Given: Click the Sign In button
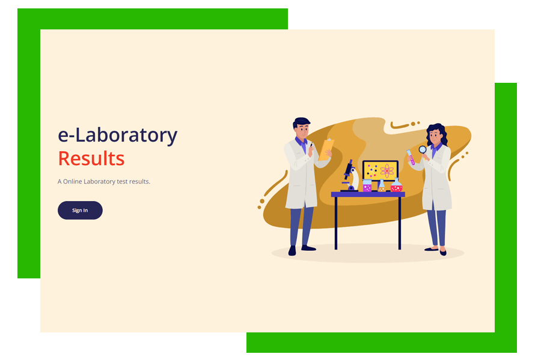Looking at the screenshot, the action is point(80,210).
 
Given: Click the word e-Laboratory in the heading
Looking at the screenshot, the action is point(118,135).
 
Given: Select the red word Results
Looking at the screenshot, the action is point(91,158).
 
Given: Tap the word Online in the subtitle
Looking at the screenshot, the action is point(73,182).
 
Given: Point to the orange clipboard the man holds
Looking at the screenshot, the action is point(326,149).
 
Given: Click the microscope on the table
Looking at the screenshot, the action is point(350,175).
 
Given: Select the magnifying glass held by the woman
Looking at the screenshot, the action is point(423,150).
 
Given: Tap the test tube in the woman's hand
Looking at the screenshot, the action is point(411,157).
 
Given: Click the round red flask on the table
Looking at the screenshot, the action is point(397,185).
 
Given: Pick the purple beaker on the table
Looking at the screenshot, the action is point(367,185).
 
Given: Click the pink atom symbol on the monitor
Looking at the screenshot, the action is point(387,170).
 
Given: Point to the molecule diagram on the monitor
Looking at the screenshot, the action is point(372,170).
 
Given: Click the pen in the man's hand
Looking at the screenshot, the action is point(311,145).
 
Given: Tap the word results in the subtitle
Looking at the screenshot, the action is point(139,182).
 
